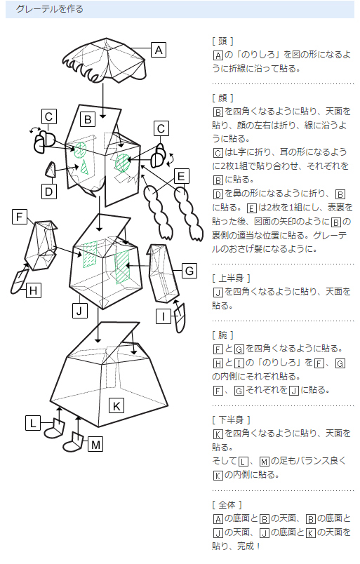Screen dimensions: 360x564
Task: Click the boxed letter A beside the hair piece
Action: pos(159,50)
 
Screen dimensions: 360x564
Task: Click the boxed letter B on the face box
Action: pos(88,119)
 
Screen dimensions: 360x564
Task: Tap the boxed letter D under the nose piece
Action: pos(49,192)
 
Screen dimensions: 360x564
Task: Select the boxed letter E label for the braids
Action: pos(181,176)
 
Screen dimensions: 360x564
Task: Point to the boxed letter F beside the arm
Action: pos(20,217)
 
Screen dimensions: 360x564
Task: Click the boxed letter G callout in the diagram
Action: pos(189,271)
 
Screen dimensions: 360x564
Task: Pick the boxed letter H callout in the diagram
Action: pos(34,290)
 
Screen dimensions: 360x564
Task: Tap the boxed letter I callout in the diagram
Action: pos(164,316)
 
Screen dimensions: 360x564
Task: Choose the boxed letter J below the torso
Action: pos(79,311)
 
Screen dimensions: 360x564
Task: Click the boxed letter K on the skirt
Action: pos(116,405)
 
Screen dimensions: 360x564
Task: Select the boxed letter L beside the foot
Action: pos(33,422)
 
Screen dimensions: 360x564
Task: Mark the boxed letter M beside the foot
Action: pos(95,444)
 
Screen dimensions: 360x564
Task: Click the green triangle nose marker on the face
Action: pos(84,167)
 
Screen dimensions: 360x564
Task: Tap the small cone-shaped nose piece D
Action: pos(50,170)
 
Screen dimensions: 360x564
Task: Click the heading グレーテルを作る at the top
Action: pos(50,9)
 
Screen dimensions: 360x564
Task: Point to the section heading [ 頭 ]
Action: pos(223,41)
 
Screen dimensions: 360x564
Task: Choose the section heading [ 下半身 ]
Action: pos(231,419)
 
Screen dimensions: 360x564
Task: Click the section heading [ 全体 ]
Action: pos(227,504)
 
